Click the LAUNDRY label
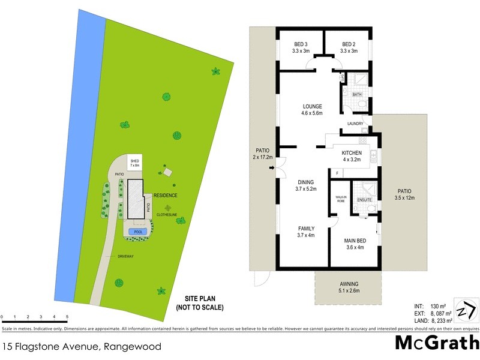coord(356,124)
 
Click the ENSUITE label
coord(364,200)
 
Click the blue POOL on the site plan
coord(139,232)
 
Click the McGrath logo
coord(436,343)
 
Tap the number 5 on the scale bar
coord(67,316)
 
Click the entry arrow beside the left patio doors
coord(272,168)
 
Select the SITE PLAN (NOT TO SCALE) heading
coord(199,303)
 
